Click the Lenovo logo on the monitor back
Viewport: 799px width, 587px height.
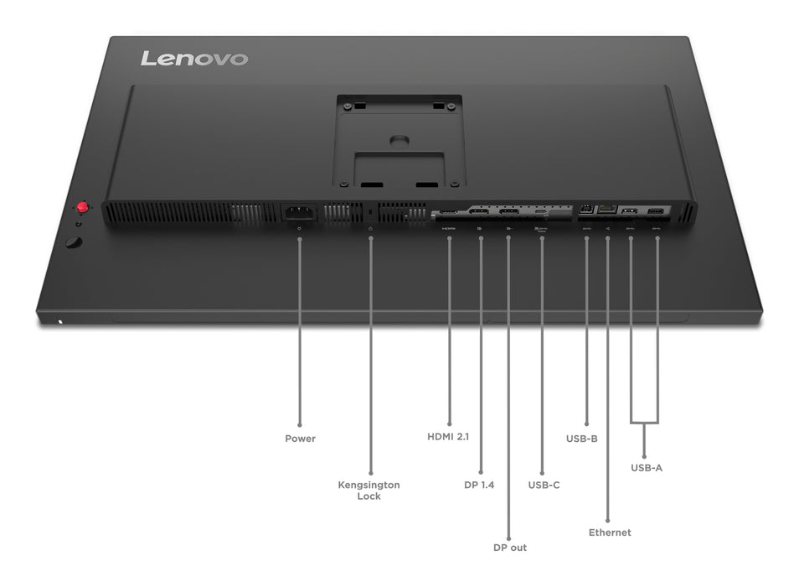coord(193,59)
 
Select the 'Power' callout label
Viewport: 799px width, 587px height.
coord(300,439)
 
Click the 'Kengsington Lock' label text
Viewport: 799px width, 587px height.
coord(369,491)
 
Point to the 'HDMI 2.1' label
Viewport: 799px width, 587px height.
coord(450,437)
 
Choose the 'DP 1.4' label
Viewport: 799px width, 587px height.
coord(481,485)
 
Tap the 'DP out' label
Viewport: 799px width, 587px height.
coord(509,548)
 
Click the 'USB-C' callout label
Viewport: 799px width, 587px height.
coord(543,485)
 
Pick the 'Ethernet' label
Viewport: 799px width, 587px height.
coord(609,532)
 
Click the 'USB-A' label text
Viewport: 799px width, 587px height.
coord(646,468)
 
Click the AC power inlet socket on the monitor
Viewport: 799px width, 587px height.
coord(300,213)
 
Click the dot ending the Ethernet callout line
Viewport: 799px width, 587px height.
coord(607,520)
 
